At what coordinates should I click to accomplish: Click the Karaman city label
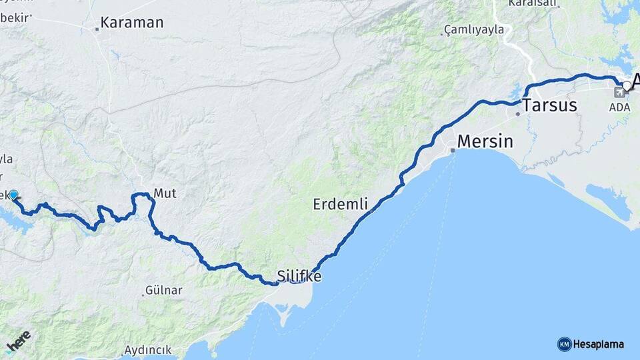[x=132, y=23]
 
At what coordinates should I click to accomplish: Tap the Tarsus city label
[x=550, y=105]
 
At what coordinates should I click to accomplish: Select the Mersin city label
[x=485, y=141]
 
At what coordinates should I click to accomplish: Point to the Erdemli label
[x=340, y=205]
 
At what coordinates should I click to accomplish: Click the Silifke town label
[x=299, y=275]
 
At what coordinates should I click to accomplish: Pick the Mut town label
[x=165, y=193]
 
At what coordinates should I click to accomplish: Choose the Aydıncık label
[x=147, y=349]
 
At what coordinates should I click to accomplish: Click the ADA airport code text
[x=619, y=107]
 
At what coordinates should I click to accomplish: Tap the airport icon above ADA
[x=619, y=92]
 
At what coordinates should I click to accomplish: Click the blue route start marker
[x=13, y=195]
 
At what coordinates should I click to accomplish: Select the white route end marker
[x=627, y=85]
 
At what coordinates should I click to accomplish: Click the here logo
[x=19, y=342]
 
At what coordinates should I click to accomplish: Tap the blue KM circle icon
[x=564, y=344]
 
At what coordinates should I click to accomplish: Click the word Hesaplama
[x=598, y=344]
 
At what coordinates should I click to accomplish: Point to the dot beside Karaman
[x=97, y=28]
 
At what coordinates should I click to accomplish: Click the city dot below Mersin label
[x=453, y=150]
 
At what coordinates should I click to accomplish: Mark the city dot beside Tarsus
[x=517, y=113]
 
